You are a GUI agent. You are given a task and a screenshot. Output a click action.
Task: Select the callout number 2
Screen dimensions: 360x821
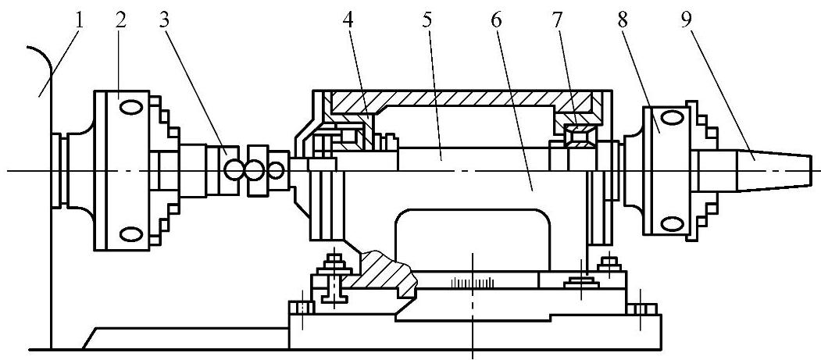pyautogui.click(x=120, y=20)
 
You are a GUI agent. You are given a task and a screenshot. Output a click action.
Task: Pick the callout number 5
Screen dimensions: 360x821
pyautogui.click(x=427, y=20)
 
